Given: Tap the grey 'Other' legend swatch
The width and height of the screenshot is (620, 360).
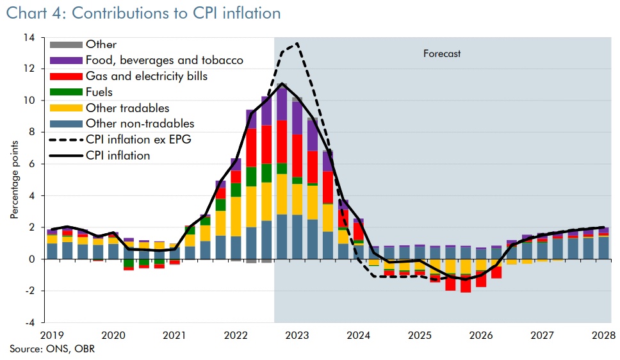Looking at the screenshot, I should click(66, 45).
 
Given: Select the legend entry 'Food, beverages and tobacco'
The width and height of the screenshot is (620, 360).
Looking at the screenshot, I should click(164, 61).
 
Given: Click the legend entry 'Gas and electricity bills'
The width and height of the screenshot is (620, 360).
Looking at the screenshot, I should click(146, 77).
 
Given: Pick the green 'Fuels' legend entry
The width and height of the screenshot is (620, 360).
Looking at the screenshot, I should click(99, 92).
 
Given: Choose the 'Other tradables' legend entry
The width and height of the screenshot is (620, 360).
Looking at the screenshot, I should click(127, 108).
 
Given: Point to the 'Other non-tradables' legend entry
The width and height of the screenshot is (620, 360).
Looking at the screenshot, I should click(139, 124).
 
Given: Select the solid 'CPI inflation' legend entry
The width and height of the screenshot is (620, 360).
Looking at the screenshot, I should click(117, 156).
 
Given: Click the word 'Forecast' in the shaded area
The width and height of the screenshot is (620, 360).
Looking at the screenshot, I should click(442, 54).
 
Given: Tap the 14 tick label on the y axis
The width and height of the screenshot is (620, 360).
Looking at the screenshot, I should click(29, 37).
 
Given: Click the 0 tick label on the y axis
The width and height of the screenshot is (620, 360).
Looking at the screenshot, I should click(31, 259).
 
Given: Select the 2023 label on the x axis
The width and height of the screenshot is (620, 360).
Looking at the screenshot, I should click(298, 336).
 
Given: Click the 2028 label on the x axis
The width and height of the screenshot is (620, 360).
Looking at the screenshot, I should click(603, 336).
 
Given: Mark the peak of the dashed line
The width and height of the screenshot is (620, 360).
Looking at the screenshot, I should click(297, 44).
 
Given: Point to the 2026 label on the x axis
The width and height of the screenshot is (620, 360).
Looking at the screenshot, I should click(481, 336).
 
